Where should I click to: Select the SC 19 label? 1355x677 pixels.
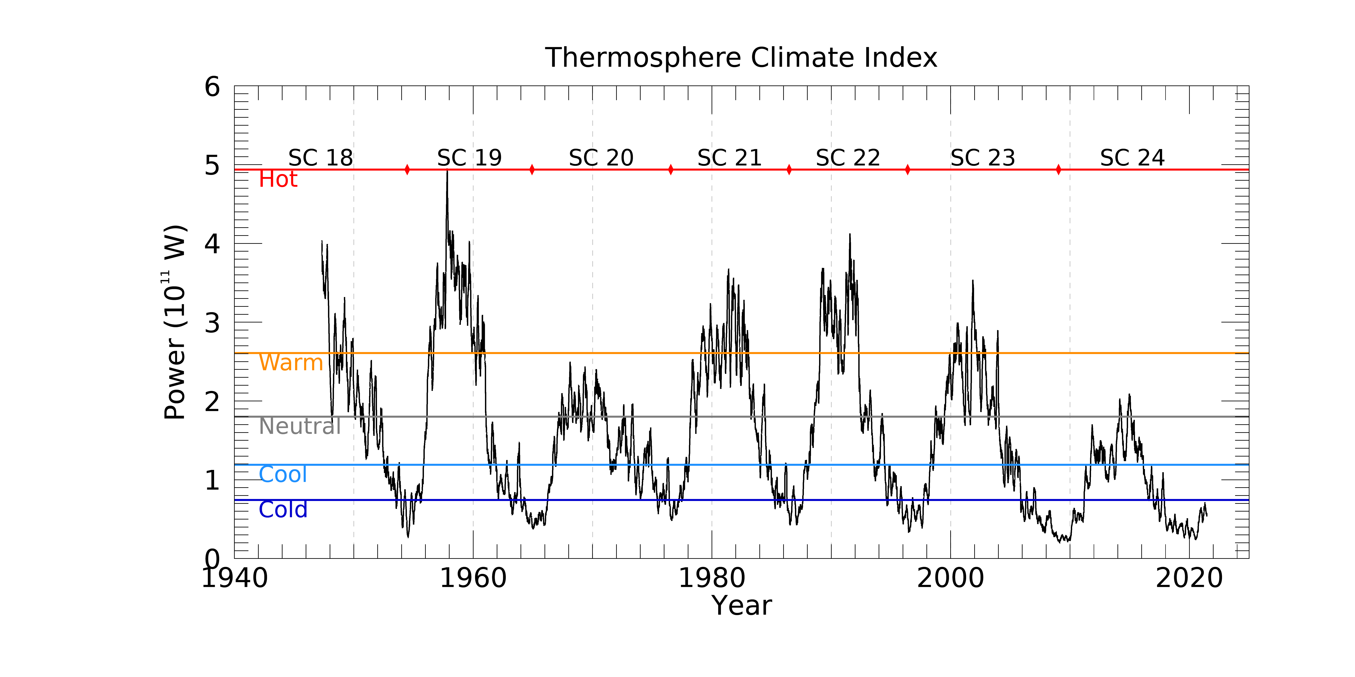tap(469, 158)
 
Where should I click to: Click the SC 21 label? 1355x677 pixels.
tap(730, 158)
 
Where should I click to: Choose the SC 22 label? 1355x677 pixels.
tap(848, 158)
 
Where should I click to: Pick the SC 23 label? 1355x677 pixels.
tap(983, 158)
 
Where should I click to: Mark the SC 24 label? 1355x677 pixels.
tap(1133, 158)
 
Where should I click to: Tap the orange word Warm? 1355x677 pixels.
tap(290, 363)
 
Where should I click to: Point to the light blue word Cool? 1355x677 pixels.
tap(283, 475)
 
